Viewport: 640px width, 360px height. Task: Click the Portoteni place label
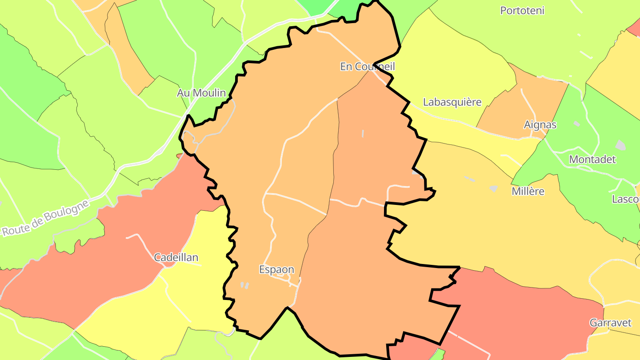pos(522,10)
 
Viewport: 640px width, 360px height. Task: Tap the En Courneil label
pos(367,67)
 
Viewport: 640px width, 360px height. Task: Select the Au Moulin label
pos(201,93)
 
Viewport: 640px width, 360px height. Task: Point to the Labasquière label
pos(452,102)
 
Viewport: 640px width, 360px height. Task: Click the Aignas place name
pos(540,124)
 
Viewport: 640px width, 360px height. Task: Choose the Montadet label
pos(592,159)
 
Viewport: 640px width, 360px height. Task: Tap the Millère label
pos(528,191)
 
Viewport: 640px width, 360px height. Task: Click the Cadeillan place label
pos(176,257)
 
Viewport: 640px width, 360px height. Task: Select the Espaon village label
pos(276,269)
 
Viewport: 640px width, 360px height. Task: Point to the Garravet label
pos(610,323)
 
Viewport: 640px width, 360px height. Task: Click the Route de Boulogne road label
pos(46,217)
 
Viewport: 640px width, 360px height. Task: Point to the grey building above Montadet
pos(620,145)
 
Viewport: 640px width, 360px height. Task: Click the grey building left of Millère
pos(493,188)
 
